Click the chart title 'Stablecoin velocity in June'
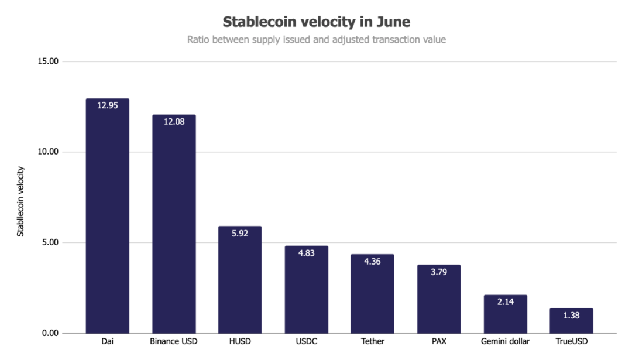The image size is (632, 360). pyautogui.click(x=317, y=22)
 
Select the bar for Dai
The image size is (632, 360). pyautogui.click(x=107, y=222)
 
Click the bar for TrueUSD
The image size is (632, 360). pyautogui.click(x=571, y=322)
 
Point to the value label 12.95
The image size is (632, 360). pyautogui.click(x=107, y=106)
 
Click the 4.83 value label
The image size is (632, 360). pyautogui.click(x=306, y=253)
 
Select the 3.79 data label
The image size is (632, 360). pyautogui.click(x=438, y=272)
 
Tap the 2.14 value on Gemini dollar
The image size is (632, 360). pyautogui.click(x=505, y=302)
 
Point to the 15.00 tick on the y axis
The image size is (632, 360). pyautogui.click(x=46, y=61)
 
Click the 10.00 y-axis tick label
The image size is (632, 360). pyautogui.click(x=46, y=152)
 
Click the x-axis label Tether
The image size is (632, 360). pyautogui.click(x=372, y=341)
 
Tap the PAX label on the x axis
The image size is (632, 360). pyautogui.click(x=438, y=341)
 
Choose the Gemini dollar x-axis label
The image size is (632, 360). pyautogui.click(x=505, y=341)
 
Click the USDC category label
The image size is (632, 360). pyautogui.click(x=306, y=341)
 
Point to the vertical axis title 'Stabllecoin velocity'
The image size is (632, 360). pyautogui.click(x=20, y=201)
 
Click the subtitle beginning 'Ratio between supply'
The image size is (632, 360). pyautogui.click(x=317, y=40)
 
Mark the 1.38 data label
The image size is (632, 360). pyautogui.click(x=571, y=316)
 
